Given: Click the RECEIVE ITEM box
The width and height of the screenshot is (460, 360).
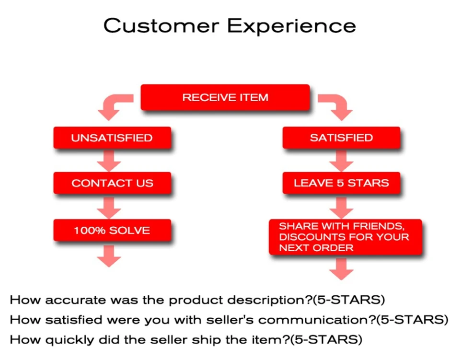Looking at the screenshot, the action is [x=225, y=97].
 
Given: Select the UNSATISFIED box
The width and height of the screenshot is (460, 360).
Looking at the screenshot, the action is [x=112, y=138].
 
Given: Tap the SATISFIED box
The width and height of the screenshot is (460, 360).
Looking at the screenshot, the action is [x=341, y=138].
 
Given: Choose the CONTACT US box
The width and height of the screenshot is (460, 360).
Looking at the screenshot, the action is [x=112, y=183].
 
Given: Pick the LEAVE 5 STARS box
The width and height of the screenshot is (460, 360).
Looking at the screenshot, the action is [x=341, y=183].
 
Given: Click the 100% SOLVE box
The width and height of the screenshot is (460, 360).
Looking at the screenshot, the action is [x=112, y=230].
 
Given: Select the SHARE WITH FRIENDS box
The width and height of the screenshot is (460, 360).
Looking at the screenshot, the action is [x=345, y=237].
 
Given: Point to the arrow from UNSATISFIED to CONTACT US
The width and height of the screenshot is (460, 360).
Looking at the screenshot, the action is [x=109, y=161].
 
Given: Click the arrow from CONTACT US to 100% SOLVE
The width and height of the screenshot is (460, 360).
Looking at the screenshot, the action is [x=109, y=208].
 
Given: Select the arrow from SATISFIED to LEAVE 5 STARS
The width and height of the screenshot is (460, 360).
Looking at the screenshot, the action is [x=341, y=161].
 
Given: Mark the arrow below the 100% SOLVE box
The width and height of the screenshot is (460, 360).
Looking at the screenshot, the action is [x=109, y=256].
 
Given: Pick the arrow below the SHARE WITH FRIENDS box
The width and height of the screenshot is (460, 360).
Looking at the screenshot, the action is [x=341, y=269].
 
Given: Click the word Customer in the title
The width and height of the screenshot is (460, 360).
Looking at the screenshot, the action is [x=161, y=25].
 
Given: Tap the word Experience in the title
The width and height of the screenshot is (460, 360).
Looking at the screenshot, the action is [x=292, y=26].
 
